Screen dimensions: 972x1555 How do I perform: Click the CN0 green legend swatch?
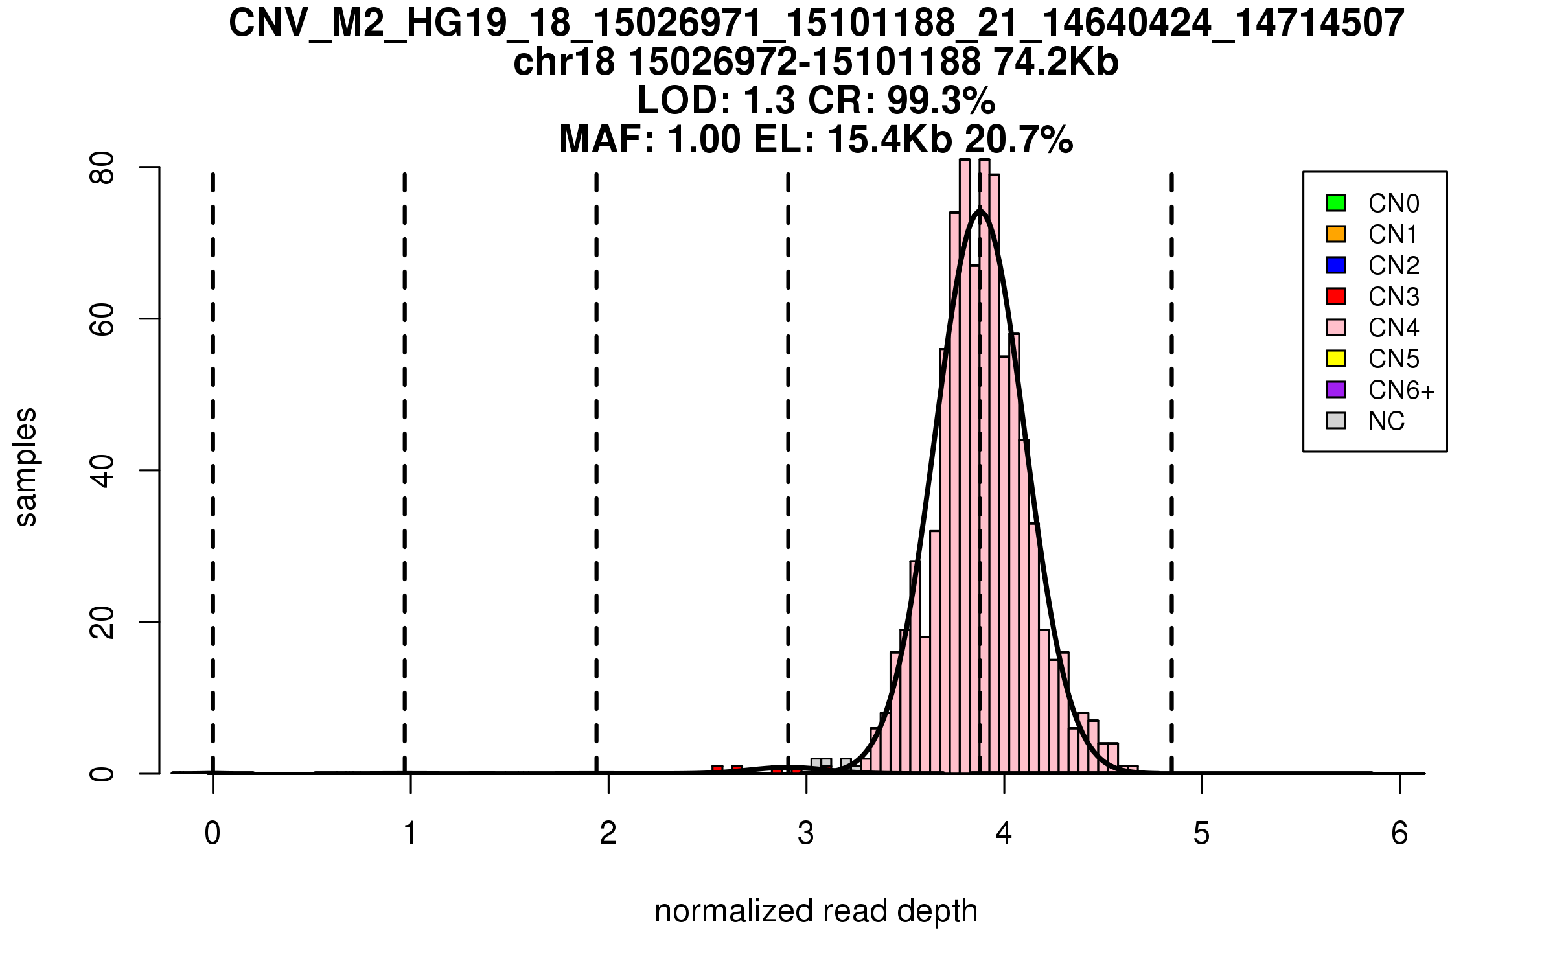1336,203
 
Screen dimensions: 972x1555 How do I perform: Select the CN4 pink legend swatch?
1336,327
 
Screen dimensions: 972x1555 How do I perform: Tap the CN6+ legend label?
1401,390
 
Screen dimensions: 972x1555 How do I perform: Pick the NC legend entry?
1387,421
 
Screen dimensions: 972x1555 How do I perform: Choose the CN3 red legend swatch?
1336,296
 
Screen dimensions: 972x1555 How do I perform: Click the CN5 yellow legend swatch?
1336,358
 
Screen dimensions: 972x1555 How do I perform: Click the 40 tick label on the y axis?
102,470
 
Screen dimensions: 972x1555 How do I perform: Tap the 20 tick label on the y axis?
102,622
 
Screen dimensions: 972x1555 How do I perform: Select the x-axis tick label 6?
1399,833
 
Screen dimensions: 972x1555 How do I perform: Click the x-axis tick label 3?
806,833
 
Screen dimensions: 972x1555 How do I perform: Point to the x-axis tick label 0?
213,833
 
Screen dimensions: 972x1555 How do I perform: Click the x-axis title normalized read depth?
816,911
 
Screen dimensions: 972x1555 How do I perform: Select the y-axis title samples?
26,467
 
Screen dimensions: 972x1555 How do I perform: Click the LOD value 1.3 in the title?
770,100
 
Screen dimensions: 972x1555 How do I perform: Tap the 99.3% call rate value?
941,100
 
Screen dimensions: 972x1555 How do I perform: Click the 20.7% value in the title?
1019,139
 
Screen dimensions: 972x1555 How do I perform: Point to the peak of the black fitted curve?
980,211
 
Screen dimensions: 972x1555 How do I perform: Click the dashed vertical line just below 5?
1171,473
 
